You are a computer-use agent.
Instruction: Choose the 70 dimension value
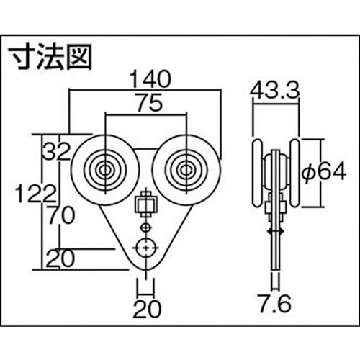click(60, 213)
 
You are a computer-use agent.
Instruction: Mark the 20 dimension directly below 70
click(60, 257)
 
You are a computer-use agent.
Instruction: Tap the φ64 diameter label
click(322, 172)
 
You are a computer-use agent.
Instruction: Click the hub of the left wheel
click(106, 171)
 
